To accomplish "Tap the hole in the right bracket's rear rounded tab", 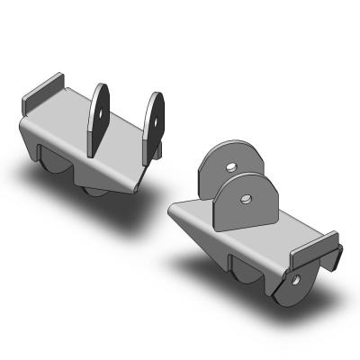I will pos(230,167).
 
